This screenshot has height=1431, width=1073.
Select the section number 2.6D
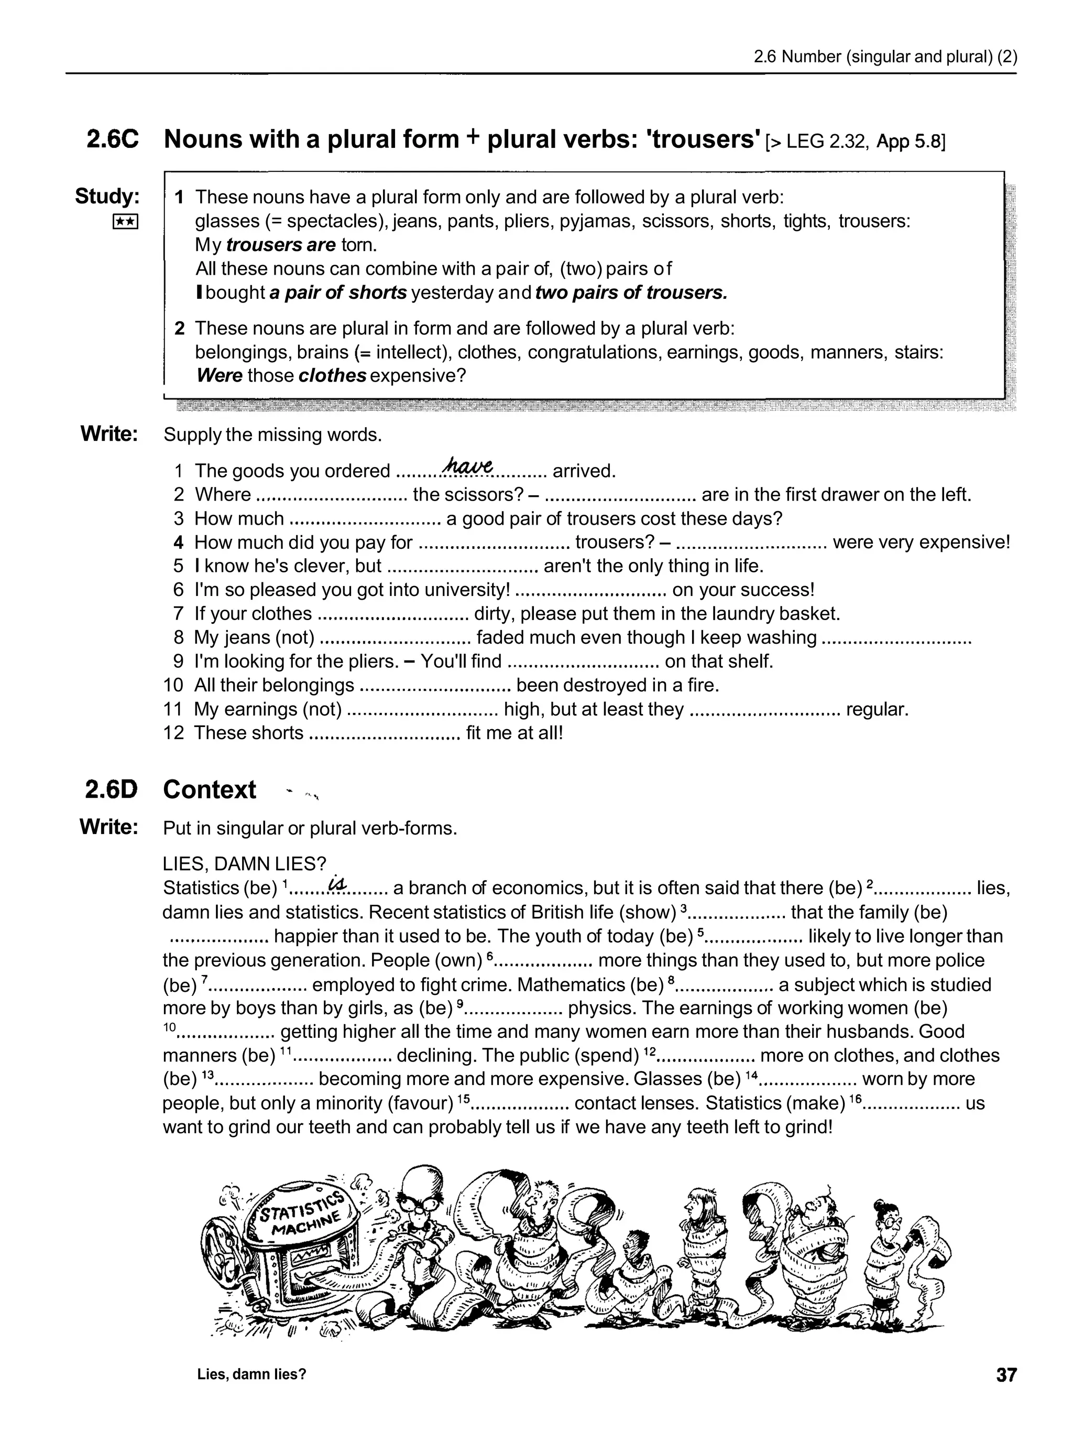coord(112,790)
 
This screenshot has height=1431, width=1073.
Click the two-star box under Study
coord(125,222)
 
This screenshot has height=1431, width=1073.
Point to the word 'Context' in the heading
coord(210,790)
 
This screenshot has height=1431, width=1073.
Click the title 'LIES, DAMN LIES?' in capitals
coord(245,864)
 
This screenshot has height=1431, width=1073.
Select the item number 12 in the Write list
coord(173,733)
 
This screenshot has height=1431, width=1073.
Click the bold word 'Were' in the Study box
coord(219,376)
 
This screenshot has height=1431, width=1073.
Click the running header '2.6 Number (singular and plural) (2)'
coord(885,57)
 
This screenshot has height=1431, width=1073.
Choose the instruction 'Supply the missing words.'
coord(272,435)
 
